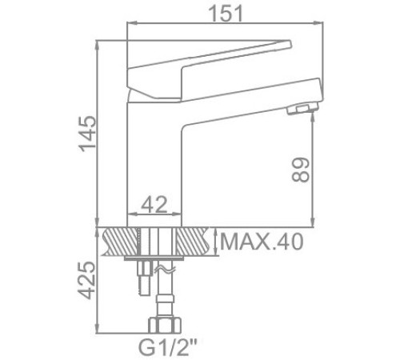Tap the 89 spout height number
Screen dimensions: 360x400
click(x=300, y=170)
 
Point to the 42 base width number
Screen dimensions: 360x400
click(x=155, y=206)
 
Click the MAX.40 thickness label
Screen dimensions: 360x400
click(x=262, y=241)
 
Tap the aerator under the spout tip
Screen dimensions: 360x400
click(x=302, y=110)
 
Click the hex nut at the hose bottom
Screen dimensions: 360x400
click(x=164, y=325)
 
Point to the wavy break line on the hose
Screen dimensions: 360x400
click(x=166, y=272)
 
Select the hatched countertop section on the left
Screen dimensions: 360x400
click(x=116, y=240)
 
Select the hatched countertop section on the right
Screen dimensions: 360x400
click(x=197, y=240)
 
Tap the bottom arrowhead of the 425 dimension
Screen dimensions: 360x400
click(x=96, y=330)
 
